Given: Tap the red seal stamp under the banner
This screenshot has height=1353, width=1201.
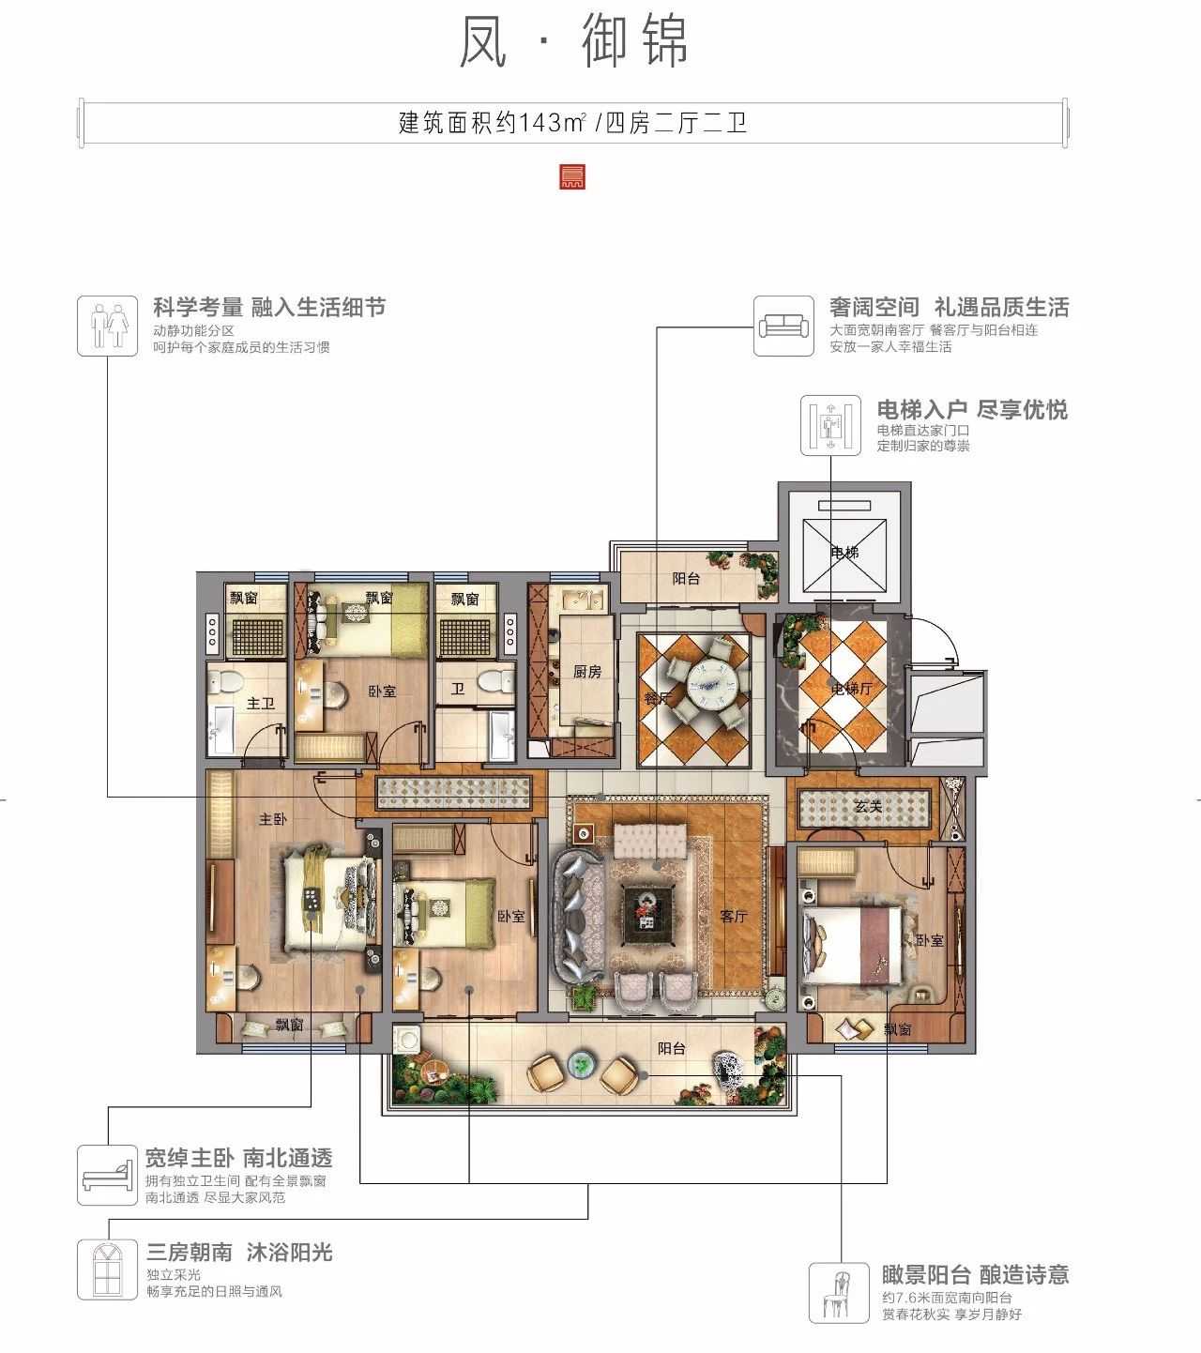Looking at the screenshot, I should [x=570, y=176].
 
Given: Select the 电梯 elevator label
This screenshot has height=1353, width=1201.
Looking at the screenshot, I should [x=844, y=553].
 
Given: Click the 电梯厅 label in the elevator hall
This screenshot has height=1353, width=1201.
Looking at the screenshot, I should [x=852, y=689].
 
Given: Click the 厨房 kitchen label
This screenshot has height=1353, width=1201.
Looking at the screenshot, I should [x=587, y=671].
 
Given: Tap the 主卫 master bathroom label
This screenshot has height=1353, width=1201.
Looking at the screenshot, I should [x=260, y=703].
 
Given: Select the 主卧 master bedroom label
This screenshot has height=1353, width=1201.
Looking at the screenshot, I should [x=272, y=819].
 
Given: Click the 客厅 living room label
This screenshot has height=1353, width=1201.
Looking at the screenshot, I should [x=734, y=917].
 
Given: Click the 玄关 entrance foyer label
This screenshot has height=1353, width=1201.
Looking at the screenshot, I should [x=868, y=806].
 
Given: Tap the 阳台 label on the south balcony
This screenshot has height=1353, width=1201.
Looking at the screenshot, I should [x=671, y=1048].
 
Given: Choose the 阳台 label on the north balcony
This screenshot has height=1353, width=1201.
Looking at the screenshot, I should [x=686, y=579].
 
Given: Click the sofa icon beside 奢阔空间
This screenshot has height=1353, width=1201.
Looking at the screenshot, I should [x=783, y=327].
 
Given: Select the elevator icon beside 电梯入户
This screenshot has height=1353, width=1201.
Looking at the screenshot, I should [x=830, y=425].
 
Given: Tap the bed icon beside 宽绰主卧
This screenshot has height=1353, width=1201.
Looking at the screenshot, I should [x=107, y=1175].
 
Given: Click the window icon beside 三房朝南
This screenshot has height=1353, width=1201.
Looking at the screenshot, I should [x=107, y=1269].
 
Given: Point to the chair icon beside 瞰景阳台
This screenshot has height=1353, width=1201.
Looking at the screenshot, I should [x=839, y=1292].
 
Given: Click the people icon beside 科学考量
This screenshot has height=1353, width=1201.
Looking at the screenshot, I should [x=107, y=326].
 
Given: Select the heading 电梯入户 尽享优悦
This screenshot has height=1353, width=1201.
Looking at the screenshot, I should [x=971, y=410].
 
